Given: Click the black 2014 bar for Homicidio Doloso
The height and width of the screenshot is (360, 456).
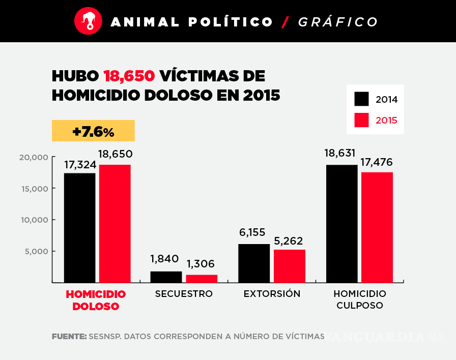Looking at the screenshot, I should coord(79,227).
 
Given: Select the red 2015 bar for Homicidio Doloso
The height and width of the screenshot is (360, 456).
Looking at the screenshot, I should coord(115,223).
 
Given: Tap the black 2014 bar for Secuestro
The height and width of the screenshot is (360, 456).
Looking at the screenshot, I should coord(166,277).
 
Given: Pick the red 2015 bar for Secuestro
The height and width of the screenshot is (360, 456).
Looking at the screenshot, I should coord(202,278).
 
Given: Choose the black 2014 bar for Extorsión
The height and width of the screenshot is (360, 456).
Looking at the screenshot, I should coord(254,263).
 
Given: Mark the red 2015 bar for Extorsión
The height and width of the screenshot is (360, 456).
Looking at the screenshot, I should coord(289,265).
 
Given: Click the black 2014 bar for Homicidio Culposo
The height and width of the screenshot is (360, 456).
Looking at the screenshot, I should coord(341,223).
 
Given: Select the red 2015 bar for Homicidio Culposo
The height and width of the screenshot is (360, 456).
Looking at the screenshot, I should coord(377,227).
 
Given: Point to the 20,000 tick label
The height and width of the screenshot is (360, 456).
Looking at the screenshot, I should coord(34,157).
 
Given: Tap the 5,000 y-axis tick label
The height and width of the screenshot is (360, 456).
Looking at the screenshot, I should coord(37,251).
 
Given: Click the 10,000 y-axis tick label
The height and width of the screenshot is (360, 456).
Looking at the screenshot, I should coord(34,220).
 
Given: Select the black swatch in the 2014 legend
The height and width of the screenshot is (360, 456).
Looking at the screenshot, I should coord(361,99).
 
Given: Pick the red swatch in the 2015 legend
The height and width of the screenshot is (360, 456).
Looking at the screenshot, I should coord(361,121).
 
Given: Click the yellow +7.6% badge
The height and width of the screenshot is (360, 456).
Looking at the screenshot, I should coord(93,131).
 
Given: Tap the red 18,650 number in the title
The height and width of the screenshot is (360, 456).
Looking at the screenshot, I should coord(129,76).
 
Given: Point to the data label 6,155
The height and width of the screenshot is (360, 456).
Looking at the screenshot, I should coord(252,232).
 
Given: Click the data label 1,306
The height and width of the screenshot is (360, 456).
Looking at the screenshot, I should coord(201,264).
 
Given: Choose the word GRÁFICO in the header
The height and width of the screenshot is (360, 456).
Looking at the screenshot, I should coord(338,22).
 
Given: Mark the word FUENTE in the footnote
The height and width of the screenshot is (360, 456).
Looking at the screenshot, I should coord(69,337).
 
